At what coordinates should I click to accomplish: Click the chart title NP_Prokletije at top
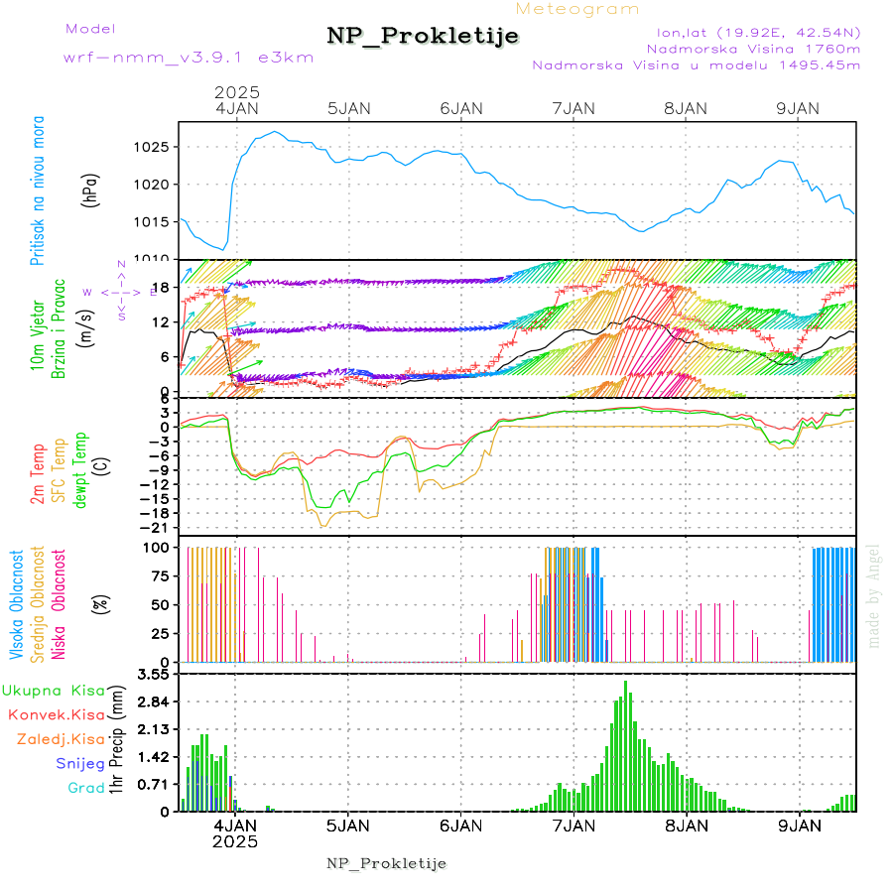tap(423, 37)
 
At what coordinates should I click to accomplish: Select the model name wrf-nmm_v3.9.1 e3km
tap(189, 57)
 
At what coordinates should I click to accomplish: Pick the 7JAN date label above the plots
tap(574, 108)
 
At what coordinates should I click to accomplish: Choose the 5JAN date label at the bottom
tap(348, 825)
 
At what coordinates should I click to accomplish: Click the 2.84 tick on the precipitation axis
tap(153, 702)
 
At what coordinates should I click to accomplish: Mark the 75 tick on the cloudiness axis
tap(160, 575)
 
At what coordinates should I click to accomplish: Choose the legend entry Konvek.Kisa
tap(56, 714)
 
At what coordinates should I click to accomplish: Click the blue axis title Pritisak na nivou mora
tap(38, 189)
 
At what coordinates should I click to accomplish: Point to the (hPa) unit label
tap(90, 189)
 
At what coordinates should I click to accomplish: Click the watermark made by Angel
tap(874, 595)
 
